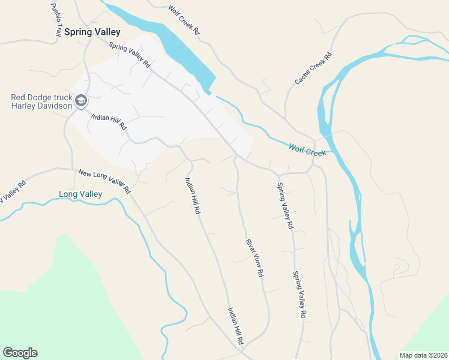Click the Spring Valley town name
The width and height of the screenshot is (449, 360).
click(x=92, y=32)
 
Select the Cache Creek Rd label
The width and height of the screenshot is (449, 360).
click(x=313, y=67)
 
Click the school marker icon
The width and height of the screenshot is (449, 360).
click(x=80, y=100)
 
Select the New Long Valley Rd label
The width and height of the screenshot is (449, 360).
click(x=104, y=181)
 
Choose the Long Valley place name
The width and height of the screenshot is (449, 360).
click(x=80, y=194)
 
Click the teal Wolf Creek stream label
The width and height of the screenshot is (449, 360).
click(x=307, y=149)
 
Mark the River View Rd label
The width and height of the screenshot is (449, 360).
click(x=255, y=258)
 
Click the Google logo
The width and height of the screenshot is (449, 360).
click(x=20, y=353)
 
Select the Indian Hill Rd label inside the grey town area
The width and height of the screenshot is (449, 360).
click(x=109, y=121)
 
